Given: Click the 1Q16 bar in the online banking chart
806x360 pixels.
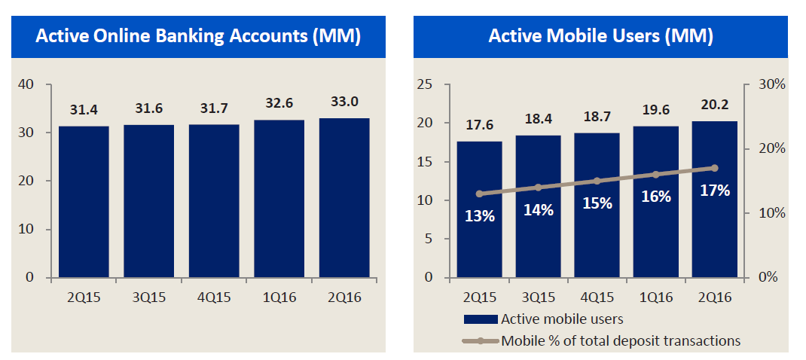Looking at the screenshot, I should pyautogui.click(x=279, y=198).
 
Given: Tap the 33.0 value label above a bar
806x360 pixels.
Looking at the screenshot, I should pyautogui.click(x=343, y=102).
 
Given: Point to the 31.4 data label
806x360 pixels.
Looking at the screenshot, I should pyautogui.click(x=84, y=111).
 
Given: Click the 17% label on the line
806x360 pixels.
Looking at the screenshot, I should pyautogui.click(x=714, y=191).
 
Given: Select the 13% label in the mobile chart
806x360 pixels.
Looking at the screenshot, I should pyautogui.click(x=479, y=216).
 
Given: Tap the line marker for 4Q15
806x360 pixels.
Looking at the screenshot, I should pyautogui.click(x=597, y=181).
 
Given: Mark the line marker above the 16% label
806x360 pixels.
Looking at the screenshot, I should pyautogui.click(x=655, y=174).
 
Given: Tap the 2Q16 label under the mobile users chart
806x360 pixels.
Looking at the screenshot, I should pyautogui.click(x=714, y=297).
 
